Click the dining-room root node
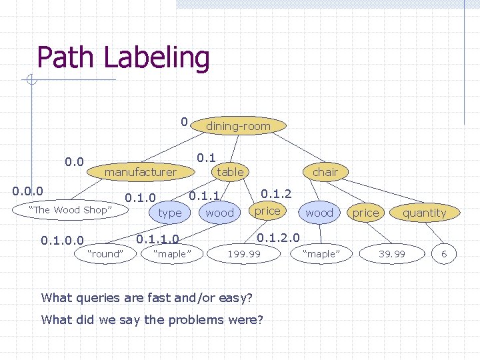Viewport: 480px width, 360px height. tap(238, 126)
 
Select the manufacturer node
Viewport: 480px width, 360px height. tap(141, 172)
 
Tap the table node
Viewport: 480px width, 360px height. tap(230, 172)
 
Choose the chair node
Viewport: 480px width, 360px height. tap(325, 172)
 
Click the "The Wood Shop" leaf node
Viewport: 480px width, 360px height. tap(69, 210)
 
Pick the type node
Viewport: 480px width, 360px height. tap(170, 213)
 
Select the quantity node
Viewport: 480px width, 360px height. tap(424, 213)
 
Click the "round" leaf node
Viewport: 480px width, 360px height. tap(106, 253)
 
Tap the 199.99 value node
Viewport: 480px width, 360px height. tap(244, 253)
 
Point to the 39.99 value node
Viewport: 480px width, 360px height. tap(392, 253)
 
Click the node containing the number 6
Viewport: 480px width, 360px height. tap(444, 253)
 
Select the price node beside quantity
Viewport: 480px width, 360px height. tap(365, 213)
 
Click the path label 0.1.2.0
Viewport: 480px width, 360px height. tap(278, 237)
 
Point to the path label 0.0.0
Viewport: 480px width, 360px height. tap(28, 191)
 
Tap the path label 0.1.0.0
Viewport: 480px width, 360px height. tap(62, 240)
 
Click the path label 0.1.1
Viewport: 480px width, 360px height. tap(205, 196)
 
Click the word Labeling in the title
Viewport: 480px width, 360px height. tap(157, 58)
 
